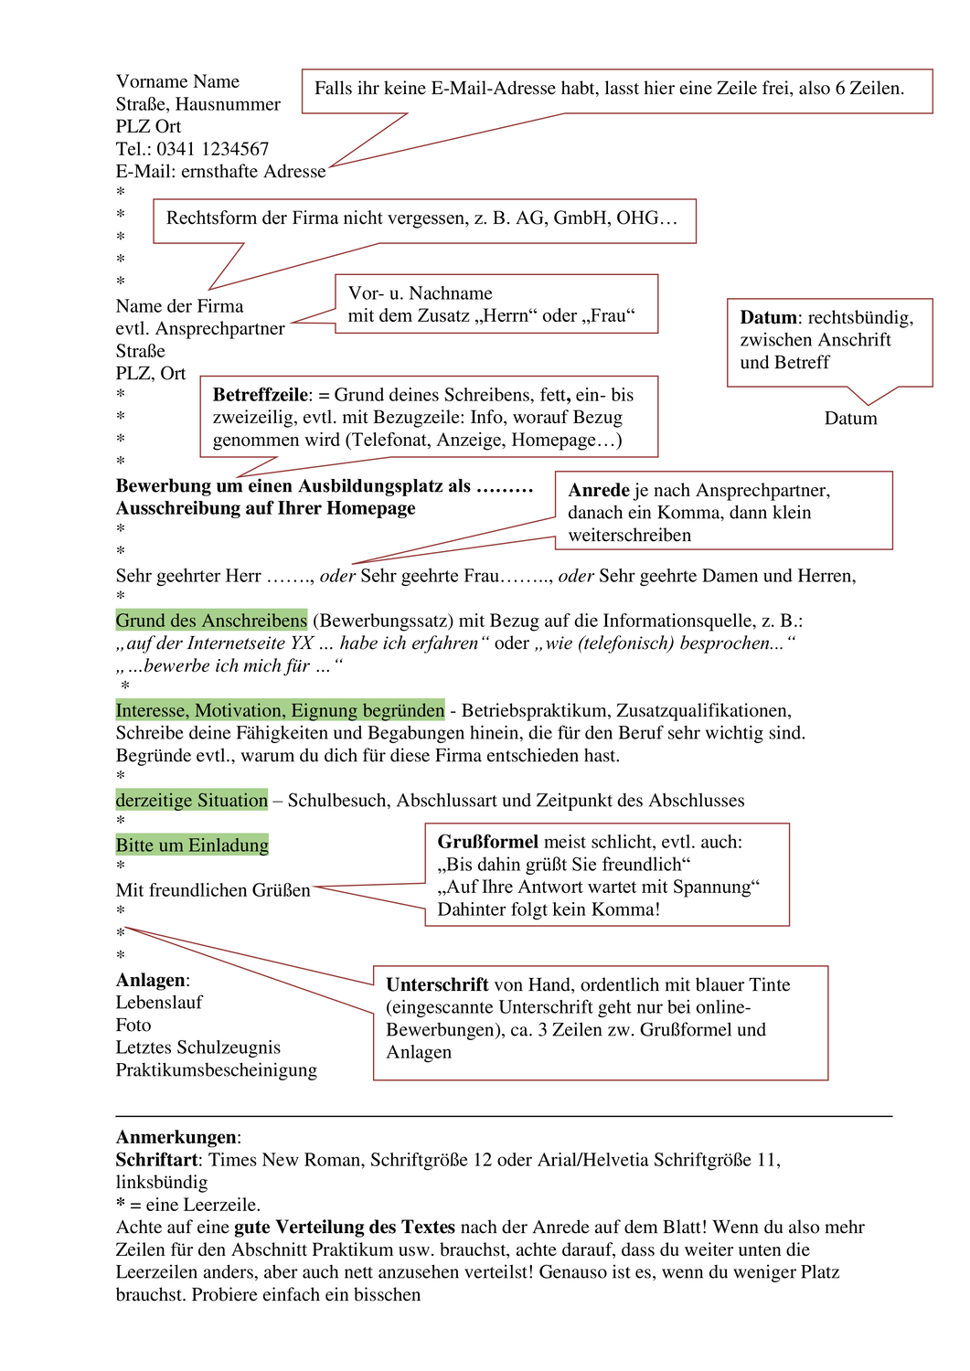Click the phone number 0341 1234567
pos(212,149)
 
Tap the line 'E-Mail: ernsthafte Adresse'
pos(220,172)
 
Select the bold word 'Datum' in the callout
pos(768,318)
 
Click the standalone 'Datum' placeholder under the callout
pos(850,419)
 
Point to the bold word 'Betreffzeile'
pos(260,396)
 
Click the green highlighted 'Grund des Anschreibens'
pos(211,622)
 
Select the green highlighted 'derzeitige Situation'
pos(192,801)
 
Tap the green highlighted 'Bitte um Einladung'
pos(192,845)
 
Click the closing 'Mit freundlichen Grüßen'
pos(213,890)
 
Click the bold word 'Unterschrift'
pos(437,985)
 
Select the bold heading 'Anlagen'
pos(151,981)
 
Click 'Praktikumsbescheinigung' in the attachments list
pos(216,1070)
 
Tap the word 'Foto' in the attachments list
pos(133,1026)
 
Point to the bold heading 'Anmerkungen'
pos(176,1138)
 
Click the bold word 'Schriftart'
pos(156,1161)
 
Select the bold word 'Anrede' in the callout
pos(599,491)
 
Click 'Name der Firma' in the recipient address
pos(179,306)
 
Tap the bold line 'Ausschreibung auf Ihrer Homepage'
pos(265,509)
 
